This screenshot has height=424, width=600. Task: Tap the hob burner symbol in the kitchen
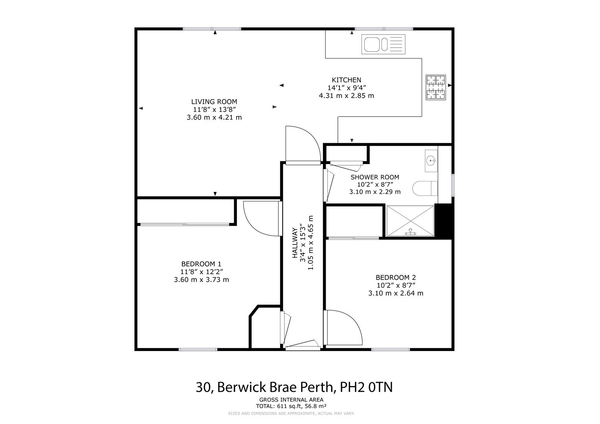pos(436,88)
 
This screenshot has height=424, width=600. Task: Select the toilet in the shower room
pos(425,188)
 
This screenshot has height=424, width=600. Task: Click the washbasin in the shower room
pos(431,160)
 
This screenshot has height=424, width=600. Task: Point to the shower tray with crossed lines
pos(410,221)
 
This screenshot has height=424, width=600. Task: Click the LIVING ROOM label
pos(214,102)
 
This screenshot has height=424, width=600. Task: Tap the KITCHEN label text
pos(346,80)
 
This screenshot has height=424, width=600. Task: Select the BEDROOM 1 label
pos(201,264)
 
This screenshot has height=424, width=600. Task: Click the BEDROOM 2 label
pos(395,277)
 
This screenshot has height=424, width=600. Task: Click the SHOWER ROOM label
pos(374,177)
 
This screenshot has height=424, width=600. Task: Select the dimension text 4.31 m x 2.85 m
pos(346,95)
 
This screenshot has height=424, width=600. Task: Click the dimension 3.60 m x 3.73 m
pos(201,280)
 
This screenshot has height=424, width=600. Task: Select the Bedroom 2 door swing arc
pos(344,328)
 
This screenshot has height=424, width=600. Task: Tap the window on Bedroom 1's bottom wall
pos(198,349)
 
